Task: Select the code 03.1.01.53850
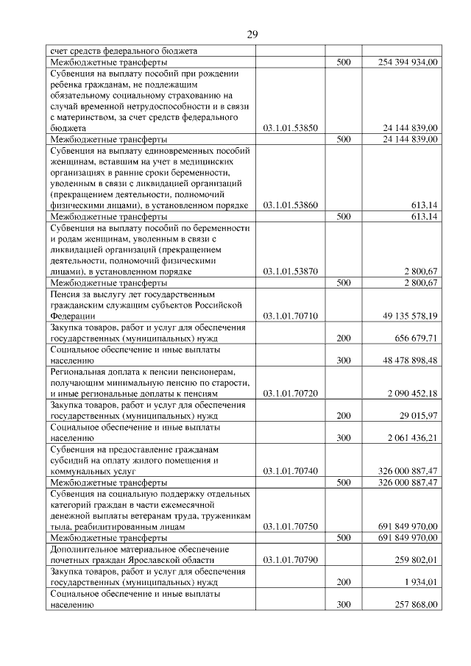tap(290, 127)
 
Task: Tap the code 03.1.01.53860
tap(290, 205)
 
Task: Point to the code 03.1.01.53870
tap(290, 272)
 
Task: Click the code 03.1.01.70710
tap(290, 316)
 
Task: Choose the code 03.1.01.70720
tap(290, 393)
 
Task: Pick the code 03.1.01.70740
tap(290, 471)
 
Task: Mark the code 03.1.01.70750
tap(290, 526)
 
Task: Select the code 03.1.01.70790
tap(290, 560)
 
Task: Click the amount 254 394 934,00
tap(403, 63)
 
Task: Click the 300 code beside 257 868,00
tap(342, 604)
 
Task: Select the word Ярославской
tap(166, 560)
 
